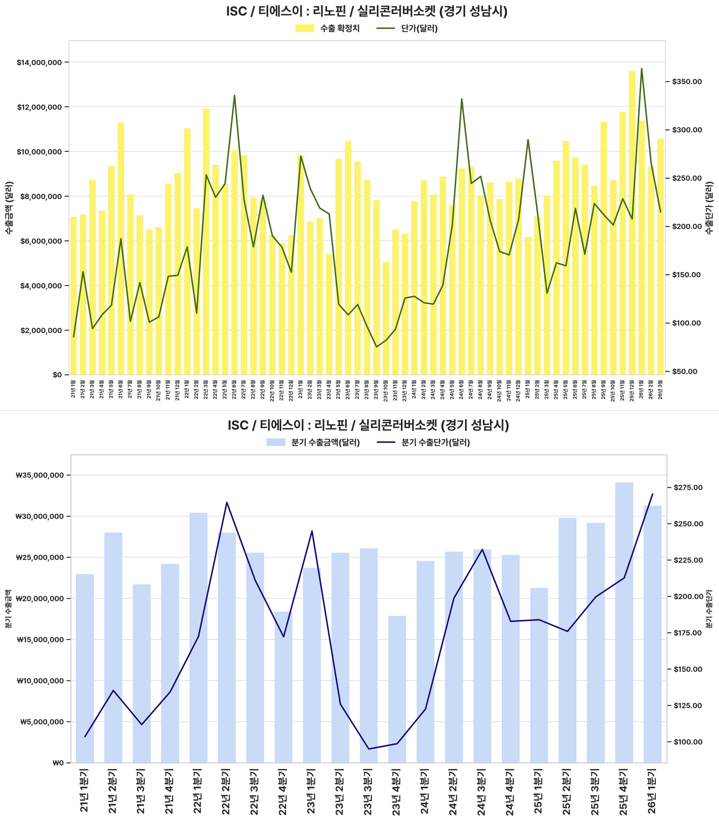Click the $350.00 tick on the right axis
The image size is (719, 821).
tap(687, 82)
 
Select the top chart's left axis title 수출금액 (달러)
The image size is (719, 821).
tap(9, 208)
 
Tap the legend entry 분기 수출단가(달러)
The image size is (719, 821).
tap(435, 443)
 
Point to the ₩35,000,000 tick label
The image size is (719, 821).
tap(39, 476)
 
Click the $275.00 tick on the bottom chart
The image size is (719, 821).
tap(688, 487)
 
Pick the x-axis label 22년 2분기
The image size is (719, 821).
tap(227, 792)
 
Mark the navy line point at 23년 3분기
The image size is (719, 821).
tap(369, 749)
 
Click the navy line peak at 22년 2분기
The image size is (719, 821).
tap(227, 503)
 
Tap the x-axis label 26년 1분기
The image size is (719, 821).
tap(652, 792)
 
